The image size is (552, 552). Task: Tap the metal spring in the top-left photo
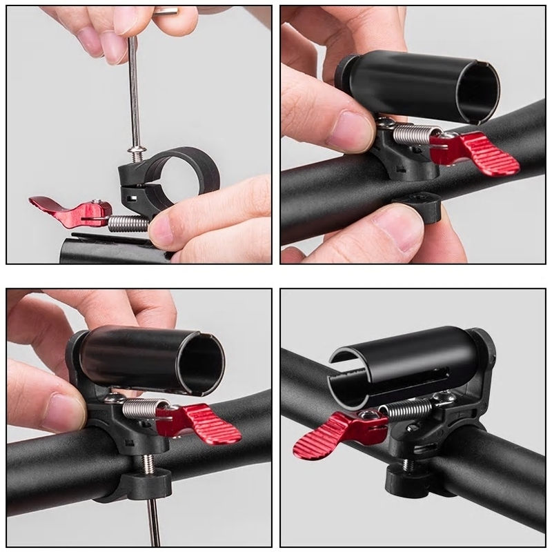128,222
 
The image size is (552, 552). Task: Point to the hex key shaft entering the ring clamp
134,103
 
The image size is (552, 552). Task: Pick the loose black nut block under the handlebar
417,204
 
